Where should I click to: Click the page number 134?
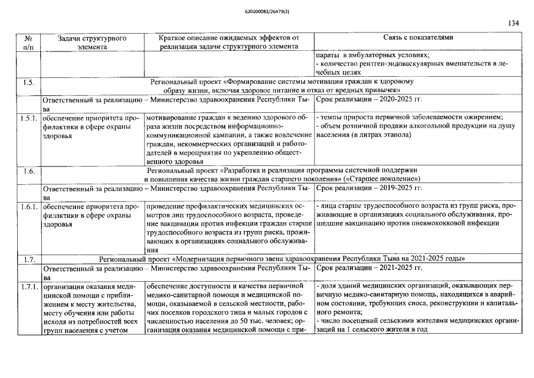tap(513, 24)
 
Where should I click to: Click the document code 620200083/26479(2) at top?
tap(267, 11)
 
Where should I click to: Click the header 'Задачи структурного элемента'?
tap(91, 41)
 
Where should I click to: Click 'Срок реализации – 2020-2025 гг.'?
tap(369, 99)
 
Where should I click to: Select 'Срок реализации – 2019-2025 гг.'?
tap(369, 188)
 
